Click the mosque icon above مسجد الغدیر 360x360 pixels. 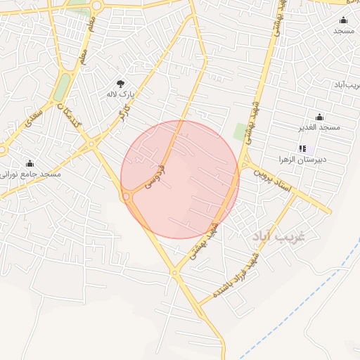pyautogui.click(x=319, y=117)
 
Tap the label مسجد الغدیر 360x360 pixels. pyautogui.click(x=319, y=127)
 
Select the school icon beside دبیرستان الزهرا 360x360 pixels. pyautogui.click(x=303, y=148)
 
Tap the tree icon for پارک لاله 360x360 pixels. pyautogui.click(x=120, y=83)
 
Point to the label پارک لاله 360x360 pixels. pyautogui.click(x=120, y=94)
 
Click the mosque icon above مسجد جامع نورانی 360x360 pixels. pyautogui.click(x=30, y=163)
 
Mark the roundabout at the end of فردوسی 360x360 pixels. pyautogui.click(x=129, y=197)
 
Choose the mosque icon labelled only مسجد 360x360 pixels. pyautogui.click(x=343, y=20)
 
